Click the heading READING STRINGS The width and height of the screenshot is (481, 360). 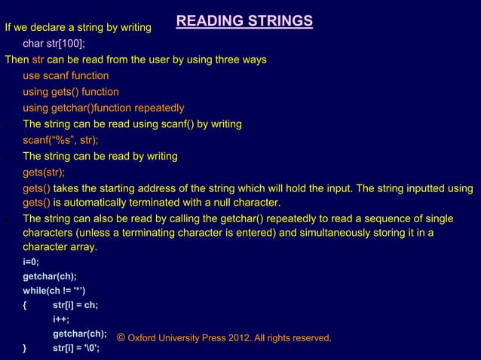[244, 21]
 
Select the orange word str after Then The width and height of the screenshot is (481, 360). [38, 59]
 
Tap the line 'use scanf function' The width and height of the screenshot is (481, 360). [66, 76]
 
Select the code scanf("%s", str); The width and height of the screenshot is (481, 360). [60, 140]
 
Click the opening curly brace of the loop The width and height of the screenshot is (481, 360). [25, 305]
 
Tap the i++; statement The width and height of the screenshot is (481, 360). [61, 319]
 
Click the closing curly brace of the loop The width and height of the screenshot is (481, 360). [25, 348]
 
